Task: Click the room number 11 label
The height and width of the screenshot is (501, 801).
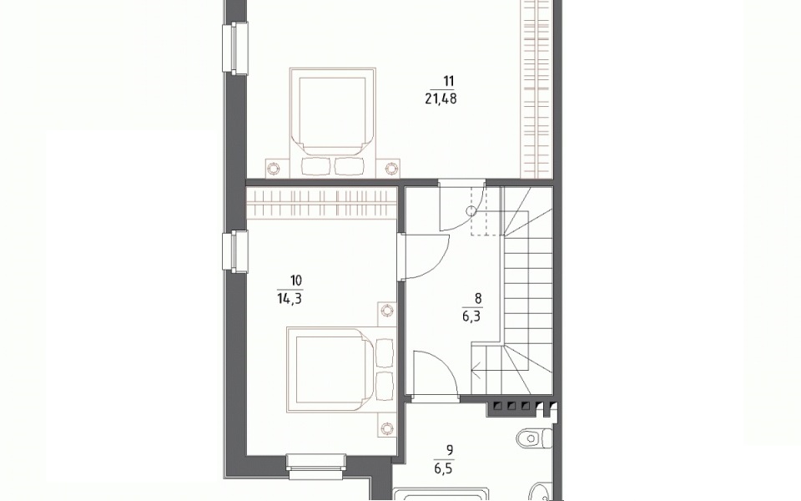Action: point(449,81)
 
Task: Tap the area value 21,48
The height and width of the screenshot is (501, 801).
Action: point(441,99)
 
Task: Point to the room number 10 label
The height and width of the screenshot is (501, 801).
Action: point(295,281)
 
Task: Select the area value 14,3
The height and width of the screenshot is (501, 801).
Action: point(290,299)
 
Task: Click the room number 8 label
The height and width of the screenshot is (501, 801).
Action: point(478,298)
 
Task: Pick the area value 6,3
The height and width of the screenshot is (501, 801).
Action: point(471,316)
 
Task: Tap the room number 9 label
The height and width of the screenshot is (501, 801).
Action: point(450,450)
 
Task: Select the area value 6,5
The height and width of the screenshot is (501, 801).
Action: point(443,468)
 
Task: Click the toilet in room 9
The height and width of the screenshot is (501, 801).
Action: point(534,438)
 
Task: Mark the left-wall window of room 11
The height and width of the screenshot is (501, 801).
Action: point(235,48)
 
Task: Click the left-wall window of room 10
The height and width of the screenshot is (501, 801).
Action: point(235,250)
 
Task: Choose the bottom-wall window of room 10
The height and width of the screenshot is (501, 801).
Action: point(316,467)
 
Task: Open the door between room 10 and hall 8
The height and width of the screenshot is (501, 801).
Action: point(424,256)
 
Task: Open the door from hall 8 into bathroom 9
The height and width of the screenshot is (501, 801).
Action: point(435,373)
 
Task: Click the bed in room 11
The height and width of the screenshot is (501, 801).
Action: point(333,123)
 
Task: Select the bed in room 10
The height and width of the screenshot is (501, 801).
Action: point(340,370)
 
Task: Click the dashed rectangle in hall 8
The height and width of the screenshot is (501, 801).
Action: point(486,210)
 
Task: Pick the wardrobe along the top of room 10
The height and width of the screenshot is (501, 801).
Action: point(322,203)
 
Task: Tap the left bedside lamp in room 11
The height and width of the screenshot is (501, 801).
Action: point(275,168)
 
